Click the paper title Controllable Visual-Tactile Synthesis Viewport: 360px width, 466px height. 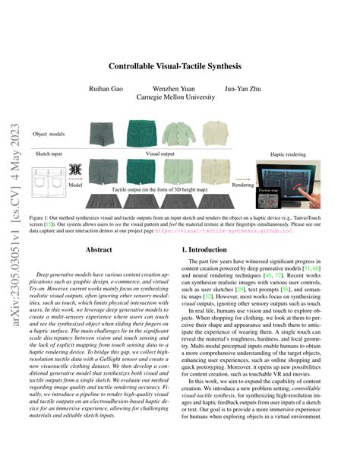[x=180, y=66]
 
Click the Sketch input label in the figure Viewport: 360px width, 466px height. [x=47, y=153]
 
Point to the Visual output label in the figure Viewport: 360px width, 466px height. [x=160, y=153]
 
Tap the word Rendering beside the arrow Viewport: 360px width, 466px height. [x=242, y=183]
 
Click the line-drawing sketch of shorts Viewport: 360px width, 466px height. [x=48, y=180]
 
